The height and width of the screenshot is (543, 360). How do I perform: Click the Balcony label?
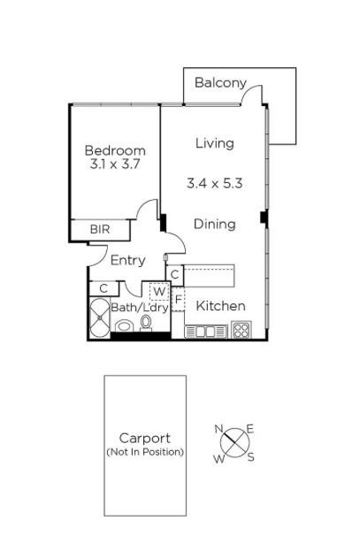220,83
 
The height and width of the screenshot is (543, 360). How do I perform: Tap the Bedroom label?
115,150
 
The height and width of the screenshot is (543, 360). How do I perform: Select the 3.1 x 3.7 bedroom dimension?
115,164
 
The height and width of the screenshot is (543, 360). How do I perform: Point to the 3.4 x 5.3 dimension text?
214,183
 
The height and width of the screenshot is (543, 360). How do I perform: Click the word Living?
215,143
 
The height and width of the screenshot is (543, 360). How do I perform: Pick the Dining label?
214,224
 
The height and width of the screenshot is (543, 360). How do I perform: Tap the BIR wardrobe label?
100,229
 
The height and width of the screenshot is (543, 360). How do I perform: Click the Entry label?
128,260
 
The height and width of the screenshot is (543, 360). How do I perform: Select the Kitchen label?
221,306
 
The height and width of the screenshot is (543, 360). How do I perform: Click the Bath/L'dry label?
140,308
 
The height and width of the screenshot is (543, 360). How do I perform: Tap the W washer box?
159,292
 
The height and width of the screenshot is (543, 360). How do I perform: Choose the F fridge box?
178,299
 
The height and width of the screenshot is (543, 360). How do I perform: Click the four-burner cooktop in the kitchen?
241,330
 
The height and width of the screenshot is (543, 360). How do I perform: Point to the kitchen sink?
206,332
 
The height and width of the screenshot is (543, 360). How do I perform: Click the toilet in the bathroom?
146,323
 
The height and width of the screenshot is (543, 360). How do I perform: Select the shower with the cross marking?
100,317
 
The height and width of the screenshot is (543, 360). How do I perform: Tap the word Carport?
145,439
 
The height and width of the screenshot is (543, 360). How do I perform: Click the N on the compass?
218,429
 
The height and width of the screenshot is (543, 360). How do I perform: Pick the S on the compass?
251,457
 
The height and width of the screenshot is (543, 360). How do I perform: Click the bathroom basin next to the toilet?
124,326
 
